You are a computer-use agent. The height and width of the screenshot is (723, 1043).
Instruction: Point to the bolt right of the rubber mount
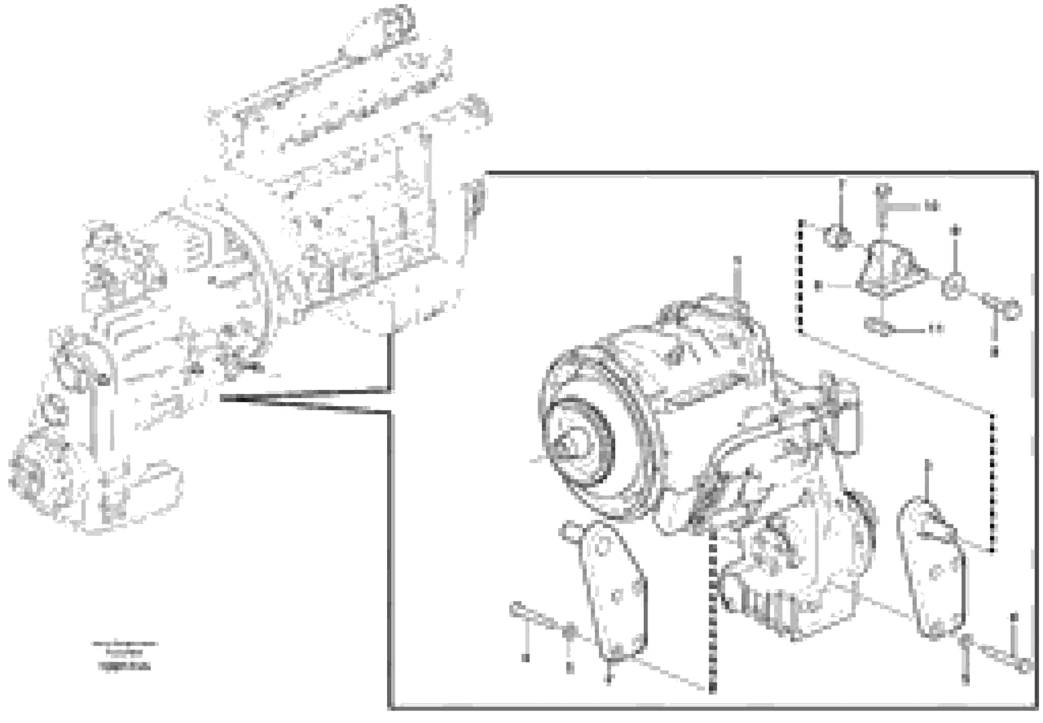(1004, 309)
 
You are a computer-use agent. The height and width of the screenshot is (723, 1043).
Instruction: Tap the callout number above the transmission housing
(736, 260)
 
